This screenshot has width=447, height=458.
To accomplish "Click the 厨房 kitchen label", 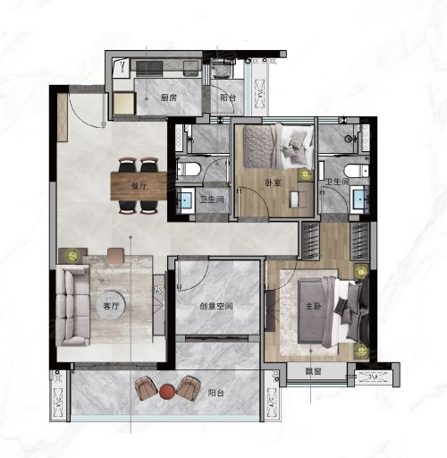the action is [x=169, y=98].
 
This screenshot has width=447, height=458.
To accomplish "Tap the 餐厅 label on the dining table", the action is [x=139, y=186].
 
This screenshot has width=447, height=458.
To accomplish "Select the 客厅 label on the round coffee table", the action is [x=111, y=306].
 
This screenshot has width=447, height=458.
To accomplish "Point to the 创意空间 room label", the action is [x=216, y=306].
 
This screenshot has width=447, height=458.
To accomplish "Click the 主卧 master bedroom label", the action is [x=313, y=306].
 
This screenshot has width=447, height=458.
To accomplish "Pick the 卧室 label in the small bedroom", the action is [x=274, y=182].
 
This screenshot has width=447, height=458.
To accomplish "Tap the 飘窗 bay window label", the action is [x=313, y=371].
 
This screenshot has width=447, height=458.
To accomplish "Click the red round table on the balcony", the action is [x=167, y=392].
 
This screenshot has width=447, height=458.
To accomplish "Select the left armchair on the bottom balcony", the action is [x=146, y=388].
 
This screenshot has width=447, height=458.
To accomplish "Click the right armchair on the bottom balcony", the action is [x=188, y=388].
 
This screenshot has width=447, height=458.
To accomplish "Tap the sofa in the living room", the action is [x=72, y=306].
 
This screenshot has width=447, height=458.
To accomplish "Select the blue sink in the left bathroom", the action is [x=186, y=199].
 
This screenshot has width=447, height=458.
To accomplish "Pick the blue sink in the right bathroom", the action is [x=359, y=199].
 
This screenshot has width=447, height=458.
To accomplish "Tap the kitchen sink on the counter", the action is [x=192, y=68].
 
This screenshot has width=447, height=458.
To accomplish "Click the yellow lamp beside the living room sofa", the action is [x=72, y=255].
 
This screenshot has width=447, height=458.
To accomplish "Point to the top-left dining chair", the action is [x=128, y=165].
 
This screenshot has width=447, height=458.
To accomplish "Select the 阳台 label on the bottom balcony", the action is [x=216, y=393].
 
